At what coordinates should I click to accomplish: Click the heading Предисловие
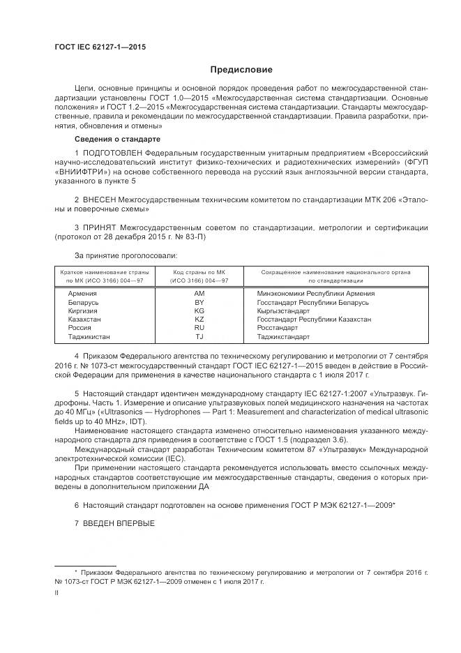click(x=242, y=70)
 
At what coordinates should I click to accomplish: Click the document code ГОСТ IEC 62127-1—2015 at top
click(x=100, y=47)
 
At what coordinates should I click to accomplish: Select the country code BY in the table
click(x=199, y=302)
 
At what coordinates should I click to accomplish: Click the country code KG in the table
click(x=199, y=310)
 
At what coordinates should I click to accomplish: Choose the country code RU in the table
click(x=199, y=327)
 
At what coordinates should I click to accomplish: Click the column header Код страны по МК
click(x=199, y=272)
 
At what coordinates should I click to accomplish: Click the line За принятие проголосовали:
click(x=121, y=256)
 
